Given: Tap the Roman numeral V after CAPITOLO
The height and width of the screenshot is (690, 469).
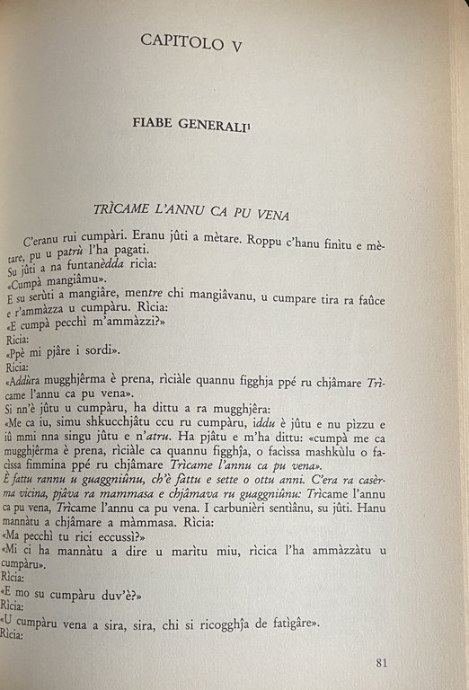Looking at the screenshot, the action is tap(249, 40).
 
